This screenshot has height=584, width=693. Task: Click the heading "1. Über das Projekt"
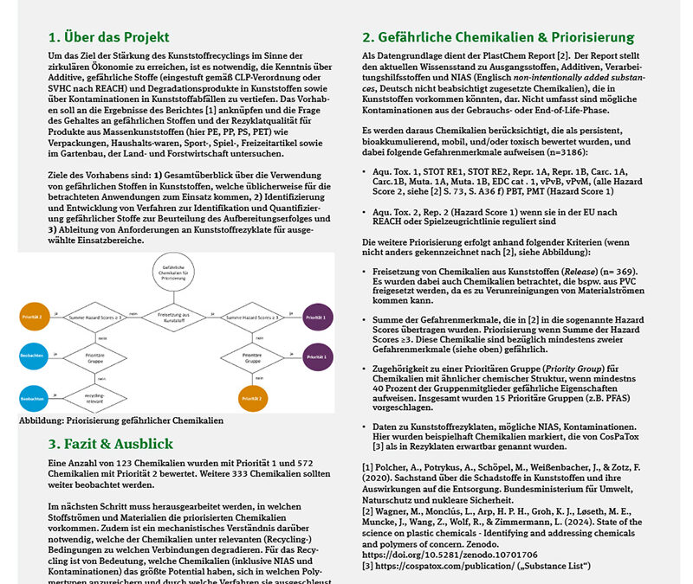click(108, 37)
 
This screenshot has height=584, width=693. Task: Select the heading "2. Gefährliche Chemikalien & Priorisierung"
click(498, 37)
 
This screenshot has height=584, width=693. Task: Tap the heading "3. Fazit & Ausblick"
click(111, 444)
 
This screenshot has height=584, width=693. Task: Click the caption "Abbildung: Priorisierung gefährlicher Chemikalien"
click(121, 420)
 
